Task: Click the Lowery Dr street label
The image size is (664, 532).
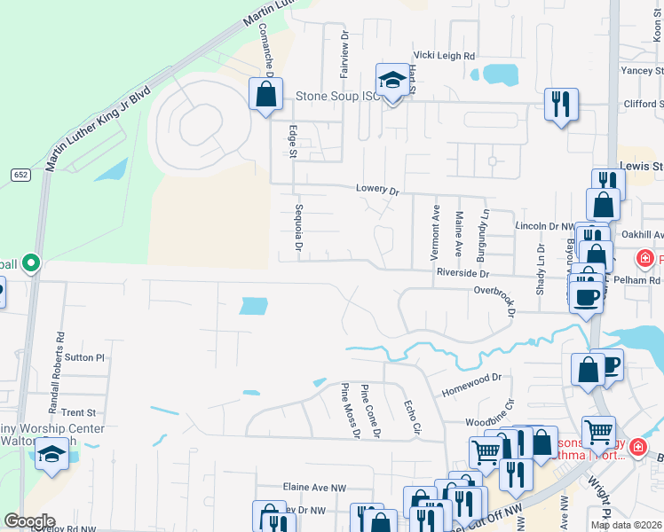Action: click(x=378, y=190)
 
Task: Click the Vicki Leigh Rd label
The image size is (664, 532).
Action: click(x=442, y=54)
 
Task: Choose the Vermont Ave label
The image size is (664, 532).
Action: click(x=435, y=231)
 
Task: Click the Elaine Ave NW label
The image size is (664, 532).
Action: click(x=314, y=488)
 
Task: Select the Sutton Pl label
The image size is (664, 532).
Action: click(x=85, y=358)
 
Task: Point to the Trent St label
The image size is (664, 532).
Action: click(x=79, y=413)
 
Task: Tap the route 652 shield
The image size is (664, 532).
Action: click(x=20, y=175)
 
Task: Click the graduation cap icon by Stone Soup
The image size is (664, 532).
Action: click(x=391, y=82)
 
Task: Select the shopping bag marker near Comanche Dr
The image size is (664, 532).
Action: click(x=265, y=93)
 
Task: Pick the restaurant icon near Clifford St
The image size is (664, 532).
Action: click(x=561, y=104)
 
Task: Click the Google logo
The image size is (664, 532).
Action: click(x=29, y=521)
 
